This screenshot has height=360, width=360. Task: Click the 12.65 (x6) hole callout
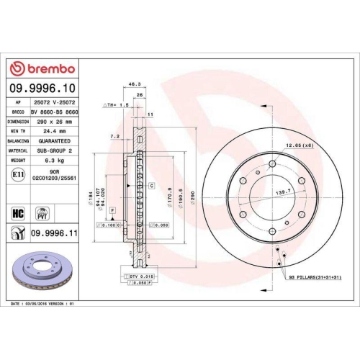click(x=297, y=146)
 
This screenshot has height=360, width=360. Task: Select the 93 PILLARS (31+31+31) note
click(x=315, y=276)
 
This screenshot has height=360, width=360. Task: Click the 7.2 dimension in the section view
click(x=115, y=135)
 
